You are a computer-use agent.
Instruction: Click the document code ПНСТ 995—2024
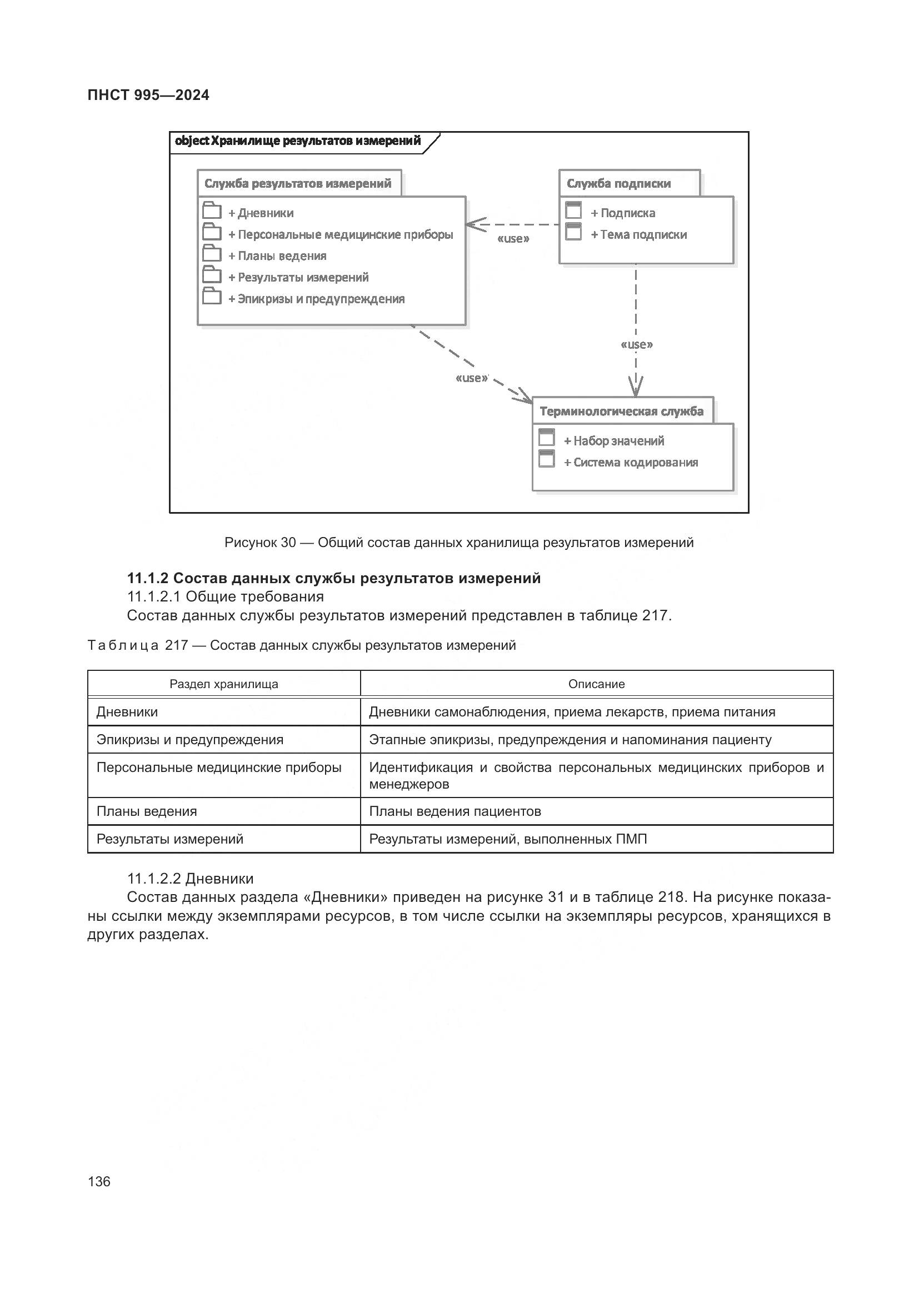click(148, 95)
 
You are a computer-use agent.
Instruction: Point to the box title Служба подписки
click(618, 183)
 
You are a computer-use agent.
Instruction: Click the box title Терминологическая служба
click(621, 412)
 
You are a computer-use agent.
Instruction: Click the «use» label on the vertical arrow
click(637, 344)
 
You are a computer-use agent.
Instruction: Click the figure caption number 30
click(288, 543)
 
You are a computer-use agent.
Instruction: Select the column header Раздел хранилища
click(223, 684)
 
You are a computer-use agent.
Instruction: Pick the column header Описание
click(596, 684)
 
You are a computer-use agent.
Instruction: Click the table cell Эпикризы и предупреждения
click(189, 740)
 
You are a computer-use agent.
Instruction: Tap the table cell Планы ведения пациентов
click(455, 811)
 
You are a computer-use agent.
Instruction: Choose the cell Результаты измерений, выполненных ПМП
click(508, 839)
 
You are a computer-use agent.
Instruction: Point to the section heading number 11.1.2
click(147, 578)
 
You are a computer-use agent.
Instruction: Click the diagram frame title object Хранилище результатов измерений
click(298, 141)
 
